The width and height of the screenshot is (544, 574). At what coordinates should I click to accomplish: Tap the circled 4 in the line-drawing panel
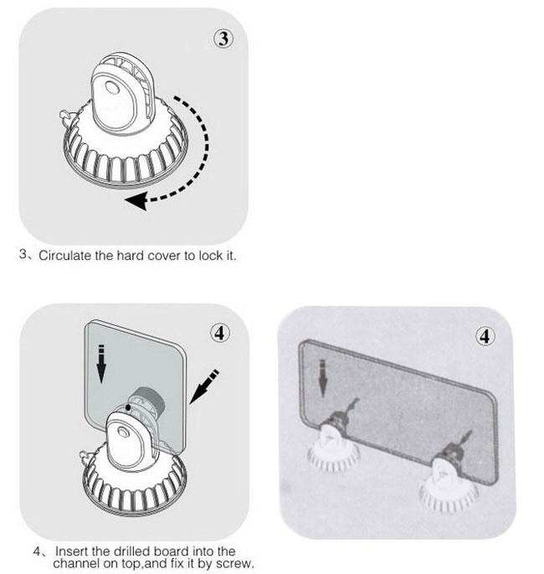pyautogui.click(x=219, y=333)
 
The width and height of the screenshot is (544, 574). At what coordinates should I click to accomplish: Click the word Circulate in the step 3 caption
pyautogui.click(x=68, y=255)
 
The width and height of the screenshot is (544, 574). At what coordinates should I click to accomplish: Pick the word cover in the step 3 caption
pyautogui.click(x=167, y=255)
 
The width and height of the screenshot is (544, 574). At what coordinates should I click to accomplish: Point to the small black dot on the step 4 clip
pyautogui.click(x=126, y=406)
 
